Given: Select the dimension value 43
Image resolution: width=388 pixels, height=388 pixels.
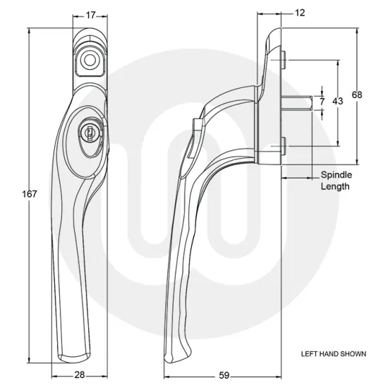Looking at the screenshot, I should point(337,102).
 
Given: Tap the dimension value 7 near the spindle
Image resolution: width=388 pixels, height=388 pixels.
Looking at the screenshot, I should point(322,102).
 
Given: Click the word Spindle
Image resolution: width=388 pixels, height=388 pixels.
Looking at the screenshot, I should point(337,174).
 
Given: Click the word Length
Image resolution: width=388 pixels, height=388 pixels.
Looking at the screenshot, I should point(335,186).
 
